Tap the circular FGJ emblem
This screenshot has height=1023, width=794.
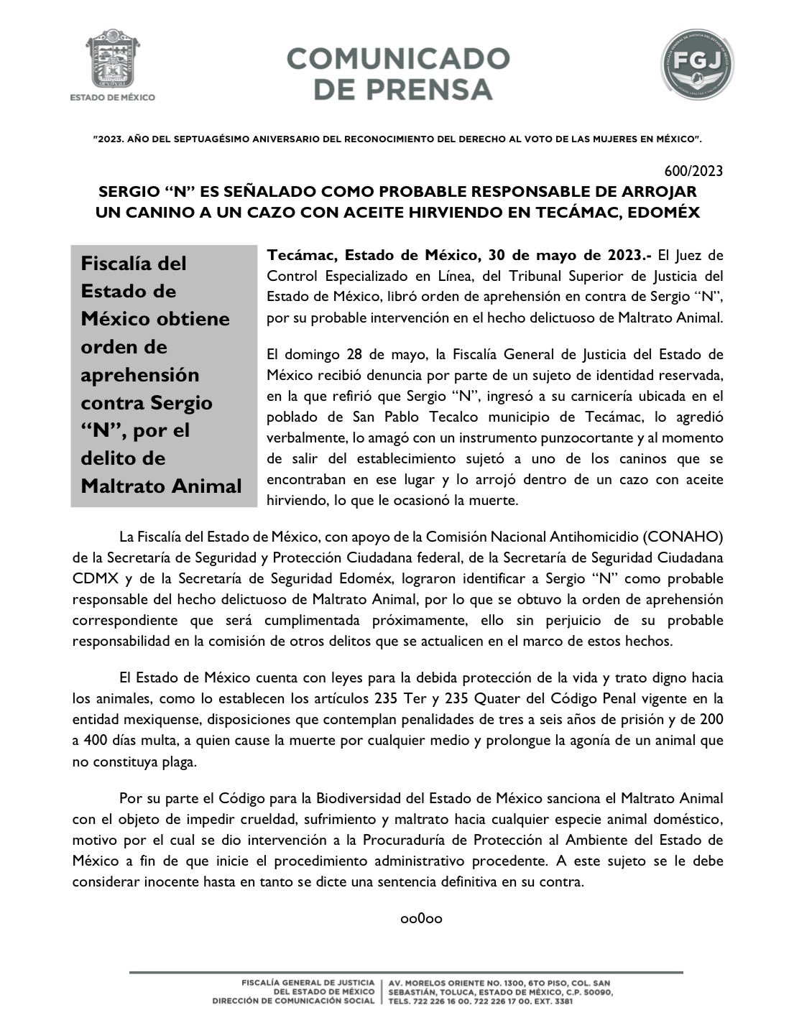click(x=698, y=64)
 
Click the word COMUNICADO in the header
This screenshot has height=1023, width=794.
click(x=398, y=58)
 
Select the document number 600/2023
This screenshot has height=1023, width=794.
click(x=694, y=171)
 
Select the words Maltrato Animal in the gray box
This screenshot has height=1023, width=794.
click(x=162, y=486)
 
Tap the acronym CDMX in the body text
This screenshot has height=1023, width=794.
click(x=93, y=578)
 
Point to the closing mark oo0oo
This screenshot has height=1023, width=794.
click(x=421, y=918)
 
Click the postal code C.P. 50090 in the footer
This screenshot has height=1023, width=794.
click(x=586, y=992)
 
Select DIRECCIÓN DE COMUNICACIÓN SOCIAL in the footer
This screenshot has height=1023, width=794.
click(x=293, y=1001)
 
